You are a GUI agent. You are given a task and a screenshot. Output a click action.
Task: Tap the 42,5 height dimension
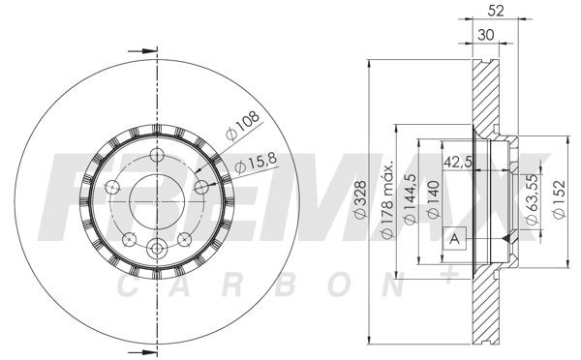point(457,163)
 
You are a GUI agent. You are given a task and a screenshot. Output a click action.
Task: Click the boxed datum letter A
point(452,240)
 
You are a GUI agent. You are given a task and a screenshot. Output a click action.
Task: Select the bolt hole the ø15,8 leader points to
point(201,186)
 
